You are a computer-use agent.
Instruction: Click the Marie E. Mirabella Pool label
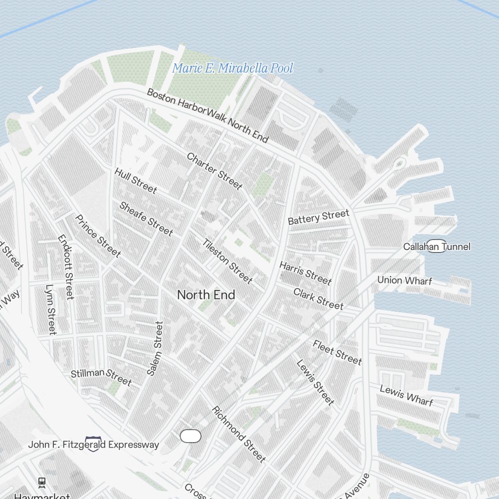pos(233,68)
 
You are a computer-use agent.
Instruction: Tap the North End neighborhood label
pos(206,295)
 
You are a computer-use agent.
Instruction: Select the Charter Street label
pos(215,171)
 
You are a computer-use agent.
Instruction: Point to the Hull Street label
pos(136,180)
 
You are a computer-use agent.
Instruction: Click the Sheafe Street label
pos(146,219)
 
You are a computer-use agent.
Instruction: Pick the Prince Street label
pos(98,236)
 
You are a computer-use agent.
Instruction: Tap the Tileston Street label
pos(227,261)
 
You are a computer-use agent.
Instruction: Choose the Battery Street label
pos(318,217)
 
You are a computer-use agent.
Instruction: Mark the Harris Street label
pos(305,272)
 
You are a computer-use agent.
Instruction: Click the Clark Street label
pos(318,298)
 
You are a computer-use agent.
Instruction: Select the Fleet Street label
pos(337,352)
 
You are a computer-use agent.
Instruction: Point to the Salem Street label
pos(155,348)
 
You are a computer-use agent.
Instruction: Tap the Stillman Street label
pos(101,377)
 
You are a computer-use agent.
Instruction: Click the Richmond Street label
pos(239,434)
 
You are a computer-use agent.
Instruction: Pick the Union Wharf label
pos(404,280)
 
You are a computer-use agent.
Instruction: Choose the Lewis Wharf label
pos(406,395)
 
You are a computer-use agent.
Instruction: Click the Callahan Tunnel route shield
pos(437,246)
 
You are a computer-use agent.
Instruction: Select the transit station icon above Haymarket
pos(41,483)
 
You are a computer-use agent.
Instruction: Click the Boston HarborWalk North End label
pos(208,115)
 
